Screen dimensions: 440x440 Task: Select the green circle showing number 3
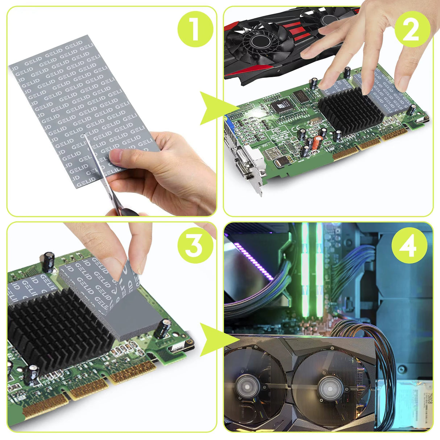click(194, 245)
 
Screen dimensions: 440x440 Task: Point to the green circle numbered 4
click(410, 245)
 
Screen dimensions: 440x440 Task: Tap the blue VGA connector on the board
click(229, 125)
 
